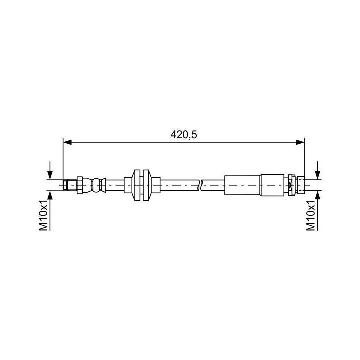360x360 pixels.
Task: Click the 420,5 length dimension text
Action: point(183,135)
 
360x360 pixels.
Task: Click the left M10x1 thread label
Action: point(43,215)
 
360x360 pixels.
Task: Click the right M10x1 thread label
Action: point(311,215)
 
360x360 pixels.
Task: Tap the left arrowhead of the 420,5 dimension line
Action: point(67,142)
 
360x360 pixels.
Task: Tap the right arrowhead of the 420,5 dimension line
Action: point(300,142)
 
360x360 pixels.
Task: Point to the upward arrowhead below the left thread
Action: point(50,195)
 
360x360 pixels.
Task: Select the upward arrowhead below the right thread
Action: point(318,195)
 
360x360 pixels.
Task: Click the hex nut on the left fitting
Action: point(80,185)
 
